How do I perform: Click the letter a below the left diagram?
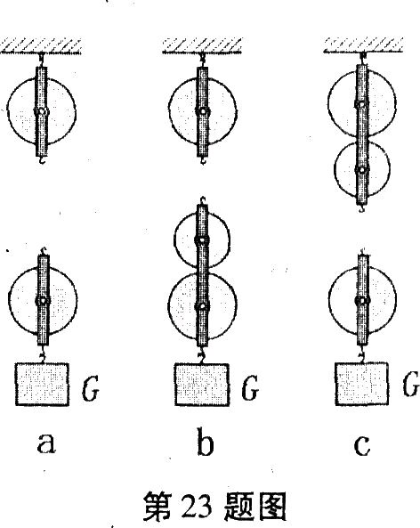tap(46, 443)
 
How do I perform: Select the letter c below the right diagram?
tap(362, 445)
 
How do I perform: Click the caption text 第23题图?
tap(214, 506)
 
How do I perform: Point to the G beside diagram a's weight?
tap(90, 389)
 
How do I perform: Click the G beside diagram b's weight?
tap(250, 388)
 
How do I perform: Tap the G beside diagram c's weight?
tap(411, 385)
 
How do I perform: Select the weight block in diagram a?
tap(42, 385)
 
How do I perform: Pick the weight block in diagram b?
tap(202, 385)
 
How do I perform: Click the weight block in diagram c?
tap(361, 384)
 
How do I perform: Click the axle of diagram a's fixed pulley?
tap(42, 111)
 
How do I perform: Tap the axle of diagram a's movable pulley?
tap(43, 301)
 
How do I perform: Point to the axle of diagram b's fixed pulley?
tap(203, 111)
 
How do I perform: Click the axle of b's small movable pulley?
tap(202, 240)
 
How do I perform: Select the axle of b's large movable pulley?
tap(202, 306)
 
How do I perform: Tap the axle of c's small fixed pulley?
tap(362, 170)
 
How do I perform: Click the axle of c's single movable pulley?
tap(362, 300)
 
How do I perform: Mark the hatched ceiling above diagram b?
tap(202, 45)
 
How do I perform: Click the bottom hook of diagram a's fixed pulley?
tap(42, 160)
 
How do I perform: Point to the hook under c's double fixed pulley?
tap(362, 208)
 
